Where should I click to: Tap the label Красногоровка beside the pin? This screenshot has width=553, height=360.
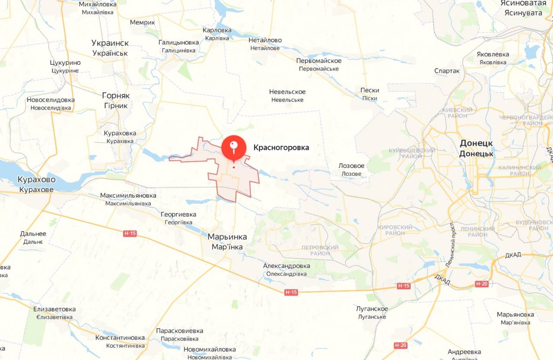click(x=281, y=148)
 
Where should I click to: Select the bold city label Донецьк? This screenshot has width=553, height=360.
click(x=476, y=154)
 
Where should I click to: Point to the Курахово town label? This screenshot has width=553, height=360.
click(x=36, y=180)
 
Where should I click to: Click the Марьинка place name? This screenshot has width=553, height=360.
click(x=227, y=237)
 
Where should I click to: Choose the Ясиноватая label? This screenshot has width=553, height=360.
click(x=523, y=3)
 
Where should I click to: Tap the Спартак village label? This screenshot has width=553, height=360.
click(x=447, y=71)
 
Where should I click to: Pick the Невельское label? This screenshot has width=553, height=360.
click(x=287, y=92)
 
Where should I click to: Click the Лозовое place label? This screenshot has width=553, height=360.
click(x=351, y=166)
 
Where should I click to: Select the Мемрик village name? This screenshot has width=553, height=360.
click(x=142, y=22)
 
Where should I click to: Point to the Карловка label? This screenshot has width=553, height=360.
click(x=217, y=31)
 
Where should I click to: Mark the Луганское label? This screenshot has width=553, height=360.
click(x=372, y=309)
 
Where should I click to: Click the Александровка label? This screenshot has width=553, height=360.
click(x=286, y=266)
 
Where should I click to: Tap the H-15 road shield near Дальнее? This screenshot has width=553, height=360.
click(x=130, y=234)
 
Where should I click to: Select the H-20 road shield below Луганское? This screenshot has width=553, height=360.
click(x=400, y=345)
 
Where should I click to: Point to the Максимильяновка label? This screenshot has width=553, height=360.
click(x=128, y=196)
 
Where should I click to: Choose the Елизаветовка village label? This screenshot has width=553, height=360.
click(x=54, y=309)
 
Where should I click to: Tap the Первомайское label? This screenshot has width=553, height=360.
click(x=319, y=61)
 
